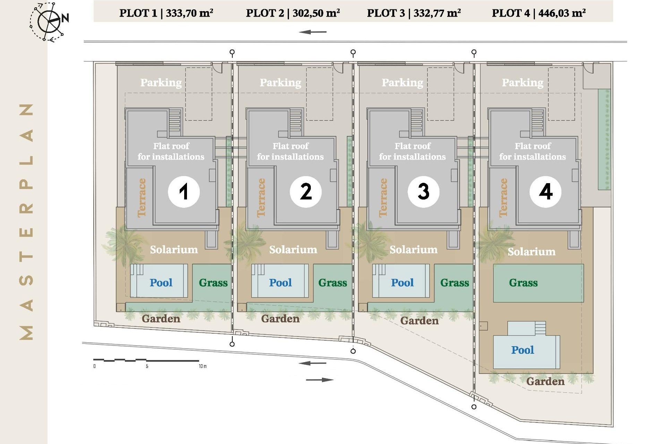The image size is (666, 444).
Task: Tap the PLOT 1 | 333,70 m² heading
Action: tap(166, 13)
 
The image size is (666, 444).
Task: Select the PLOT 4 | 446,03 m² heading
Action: tap(539, 13)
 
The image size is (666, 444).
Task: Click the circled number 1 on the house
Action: tap(183, 191)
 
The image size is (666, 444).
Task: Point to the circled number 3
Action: tap(423, 191)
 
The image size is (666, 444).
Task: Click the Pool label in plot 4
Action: tap(522, 350)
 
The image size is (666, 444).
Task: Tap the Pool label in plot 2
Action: tap(280, 283)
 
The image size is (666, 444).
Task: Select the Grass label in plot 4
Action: tap(523, 283)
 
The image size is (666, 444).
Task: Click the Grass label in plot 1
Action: tap(213, 283)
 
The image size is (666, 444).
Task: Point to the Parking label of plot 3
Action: tap(402, 83)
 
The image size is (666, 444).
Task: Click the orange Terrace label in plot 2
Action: tap(261, 198)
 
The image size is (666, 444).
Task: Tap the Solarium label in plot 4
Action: tap(531, 251)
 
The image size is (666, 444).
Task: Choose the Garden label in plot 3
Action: tap(419, 321)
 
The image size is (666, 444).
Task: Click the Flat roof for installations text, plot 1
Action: tap(171, 151)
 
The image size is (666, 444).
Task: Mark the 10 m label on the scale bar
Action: tap(203, 366)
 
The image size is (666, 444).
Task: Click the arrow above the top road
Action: tap(313, 32)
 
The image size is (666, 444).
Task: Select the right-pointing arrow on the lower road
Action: tap(319, 380)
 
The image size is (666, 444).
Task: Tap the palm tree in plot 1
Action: tap(123, 241)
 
